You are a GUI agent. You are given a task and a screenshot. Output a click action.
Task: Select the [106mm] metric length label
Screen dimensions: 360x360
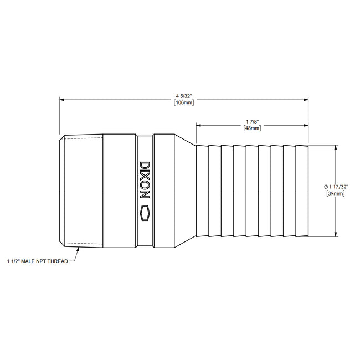pos(183,103)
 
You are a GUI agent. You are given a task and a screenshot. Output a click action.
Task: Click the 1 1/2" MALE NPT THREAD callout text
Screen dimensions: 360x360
pos(37,260)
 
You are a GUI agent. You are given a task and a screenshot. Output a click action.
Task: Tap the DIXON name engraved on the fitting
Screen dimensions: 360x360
pos(145,180)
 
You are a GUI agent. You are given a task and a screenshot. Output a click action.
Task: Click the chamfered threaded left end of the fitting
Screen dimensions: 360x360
pos(63,191)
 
